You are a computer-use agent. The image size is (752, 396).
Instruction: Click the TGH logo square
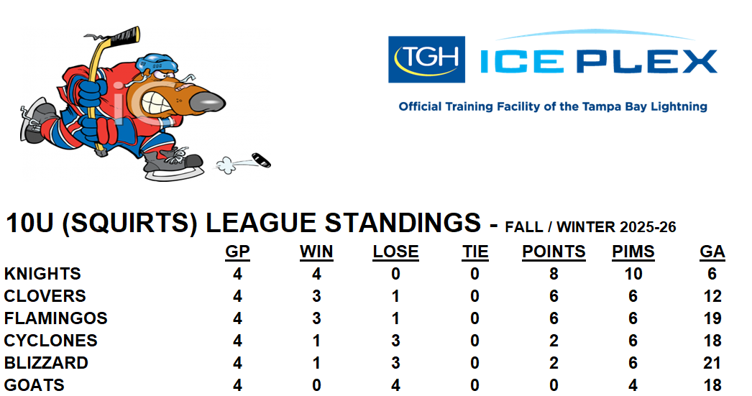426,60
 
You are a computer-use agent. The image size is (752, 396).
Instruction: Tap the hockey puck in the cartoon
262,160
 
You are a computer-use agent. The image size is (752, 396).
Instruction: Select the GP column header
237,252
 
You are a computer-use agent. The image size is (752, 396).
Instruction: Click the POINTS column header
554,252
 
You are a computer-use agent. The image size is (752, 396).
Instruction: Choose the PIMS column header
633,252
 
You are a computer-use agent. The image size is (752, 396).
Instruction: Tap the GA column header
712,252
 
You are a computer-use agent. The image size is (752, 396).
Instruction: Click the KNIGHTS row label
42,274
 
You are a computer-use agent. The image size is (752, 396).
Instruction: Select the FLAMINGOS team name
55,318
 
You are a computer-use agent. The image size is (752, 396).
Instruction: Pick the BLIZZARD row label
46,363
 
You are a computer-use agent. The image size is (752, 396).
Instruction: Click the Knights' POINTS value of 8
554,274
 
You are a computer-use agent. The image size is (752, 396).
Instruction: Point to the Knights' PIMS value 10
633,274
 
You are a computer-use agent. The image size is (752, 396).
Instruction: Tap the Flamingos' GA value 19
712,318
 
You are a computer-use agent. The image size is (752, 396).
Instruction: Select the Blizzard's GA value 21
712,363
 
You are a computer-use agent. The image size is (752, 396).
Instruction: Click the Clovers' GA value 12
712,296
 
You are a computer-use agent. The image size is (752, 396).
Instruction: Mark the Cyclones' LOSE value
395,341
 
